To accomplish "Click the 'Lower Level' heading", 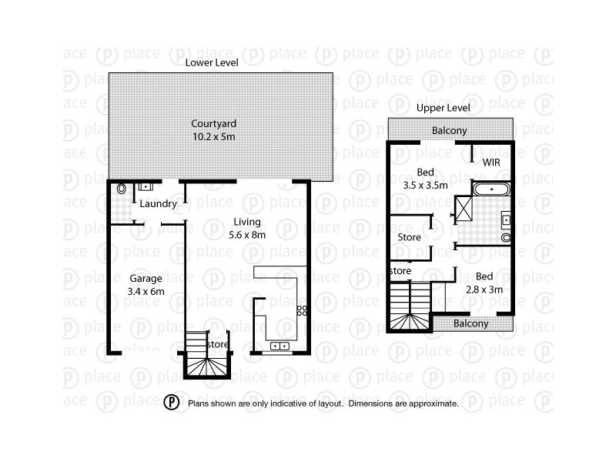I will pos(212,62).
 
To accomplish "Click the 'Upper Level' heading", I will pos(443,109).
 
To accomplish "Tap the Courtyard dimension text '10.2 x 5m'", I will pos(213,136).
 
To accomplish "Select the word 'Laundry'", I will pos(159,204).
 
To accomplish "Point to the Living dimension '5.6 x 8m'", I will pos(249,235).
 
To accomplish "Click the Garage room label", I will pos(144,279).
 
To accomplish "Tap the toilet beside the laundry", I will pos(121,189).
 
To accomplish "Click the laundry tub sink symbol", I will pos(145,186).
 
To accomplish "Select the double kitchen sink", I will pos(280,346).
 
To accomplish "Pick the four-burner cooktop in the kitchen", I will pos(303,312).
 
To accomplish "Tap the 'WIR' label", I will pos(491,163).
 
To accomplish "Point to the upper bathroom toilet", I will pos(506,238).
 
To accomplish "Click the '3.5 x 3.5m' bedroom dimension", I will pos(426,185).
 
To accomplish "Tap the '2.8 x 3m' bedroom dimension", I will pos(484,290).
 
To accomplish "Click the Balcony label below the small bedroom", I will pos(470,324).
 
